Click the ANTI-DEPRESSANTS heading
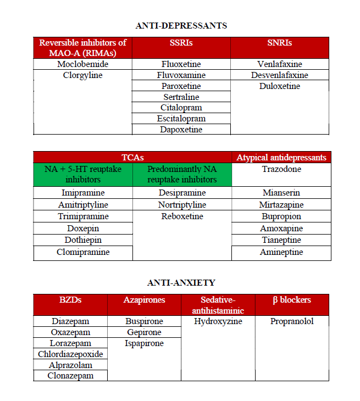[x=181, y=25]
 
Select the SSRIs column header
[x=181, y=43]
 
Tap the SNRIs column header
[x=279, y=43]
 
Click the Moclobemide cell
[x=82, y=64]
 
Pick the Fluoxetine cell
[x=181, y=64]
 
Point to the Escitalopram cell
[x=181, y=119]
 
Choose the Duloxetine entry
[x=279, y=86]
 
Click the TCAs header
[x=132, y=157]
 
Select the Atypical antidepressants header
[x=281, y=158]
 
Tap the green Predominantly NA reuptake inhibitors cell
[x=182, y=175]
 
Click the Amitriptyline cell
[x=83, y=205]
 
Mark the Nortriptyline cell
[x=182, y=205]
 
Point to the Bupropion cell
[x=281, y=216]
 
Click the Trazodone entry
[x=281, y=169]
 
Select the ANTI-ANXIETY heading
[x=181, y=282]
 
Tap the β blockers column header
[x=292, y=300]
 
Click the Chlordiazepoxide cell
[x=70, y=354]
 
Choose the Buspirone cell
[x=144, y=321]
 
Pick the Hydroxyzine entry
[x=218, y=321]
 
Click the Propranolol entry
[x=292, y=321]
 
